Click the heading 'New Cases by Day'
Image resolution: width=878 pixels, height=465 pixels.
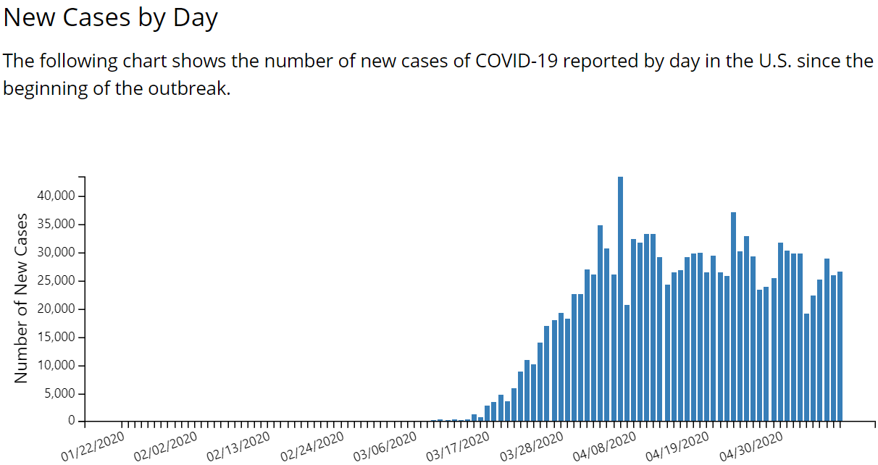click(110, 18)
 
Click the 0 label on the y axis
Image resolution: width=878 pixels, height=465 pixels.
click(72, 421)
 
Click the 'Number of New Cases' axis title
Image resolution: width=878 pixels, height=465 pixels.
click(21, 298)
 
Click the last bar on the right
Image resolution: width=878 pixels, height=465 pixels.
click(840, 346)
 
